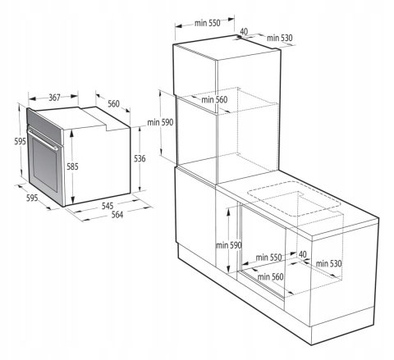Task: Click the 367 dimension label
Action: tap(55, 98)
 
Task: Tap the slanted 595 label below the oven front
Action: tap(32, 198)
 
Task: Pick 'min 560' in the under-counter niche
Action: tap(275, 276)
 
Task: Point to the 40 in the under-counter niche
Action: tap(303, 255)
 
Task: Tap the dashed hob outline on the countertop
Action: tap(294, 200)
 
